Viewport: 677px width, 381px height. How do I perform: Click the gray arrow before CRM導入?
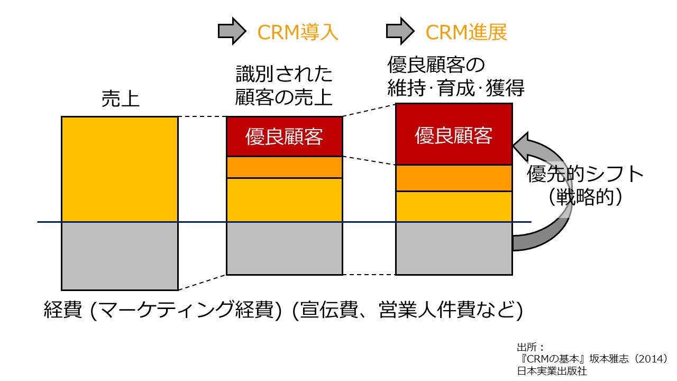click(x=232, y=31)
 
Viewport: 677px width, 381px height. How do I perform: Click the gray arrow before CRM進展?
click(x=400, y=31)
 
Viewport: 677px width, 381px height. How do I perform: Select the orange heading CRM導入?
click(x=298, y=32)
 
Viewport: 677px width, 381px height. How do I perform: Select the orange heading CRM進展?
click(x=466, y=32)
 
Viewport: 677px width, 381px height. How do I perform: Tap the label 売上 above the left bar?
click(x=120, y=98)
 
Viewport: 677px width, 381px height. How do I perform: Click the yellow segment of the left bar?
click(x=120, y=169)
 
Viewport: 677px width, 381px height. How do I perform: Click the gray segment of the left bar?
click(x=120, y=256)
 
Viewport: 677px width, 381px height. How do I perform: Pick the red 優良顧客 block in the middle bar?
click(x=285, y=137)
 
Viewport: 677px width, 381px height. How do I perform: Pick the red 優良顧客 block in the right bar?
click(x=454, y=134)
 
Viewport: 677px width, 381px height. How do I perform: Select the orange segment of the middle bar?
click(x=285, y=167)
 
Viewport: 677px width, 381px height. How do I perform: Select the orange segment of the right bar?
click(x=454, y=178)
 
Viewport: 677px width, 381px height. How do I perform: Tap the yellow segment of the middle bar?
click(x=285, y=200)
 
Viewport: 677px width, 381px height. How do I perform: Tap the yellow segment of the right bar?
click(x=454, y=206)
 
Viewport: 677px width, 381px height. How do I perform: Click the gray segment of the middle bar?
click(x=285, y=248)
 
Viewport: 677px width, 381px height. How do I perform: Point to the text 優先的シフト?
click(x=585, y=174)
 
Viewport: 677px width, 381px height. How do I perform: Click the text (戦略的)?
click(x=585, y=197)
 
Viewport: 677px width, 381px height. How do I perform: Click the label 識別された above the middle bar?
click(x=284, y=74)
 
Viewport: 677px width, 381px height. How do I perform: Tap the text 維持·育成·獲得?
click(x=456, y=88)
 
